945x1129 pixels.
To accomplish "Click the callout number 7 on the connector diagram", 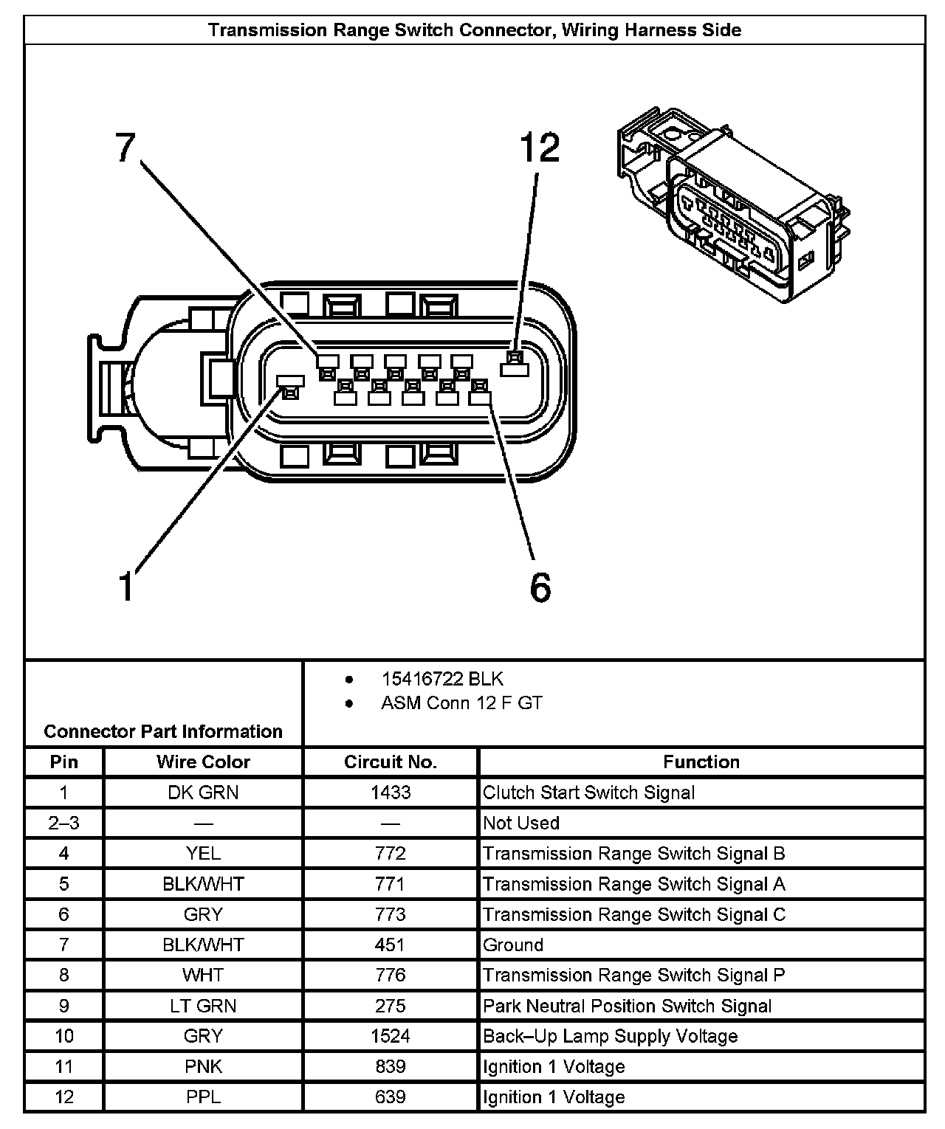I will (x=126, y=148).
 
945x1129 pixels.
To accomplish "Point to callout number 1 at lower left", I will (x=128, y=587).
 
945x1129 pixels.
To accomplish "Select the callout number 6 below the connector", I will (x=540, y=587).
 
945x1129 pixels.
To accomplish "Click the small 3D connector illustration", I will (x=732, y=203).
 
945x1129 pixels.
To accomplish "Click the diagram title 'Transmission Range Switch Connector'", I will (x=474, y=30).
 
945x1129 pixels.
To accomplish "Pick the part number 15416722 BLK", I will (x=441, y=679).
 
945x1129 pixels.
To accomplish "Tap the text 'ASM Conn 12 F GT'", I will (x=461, y=703).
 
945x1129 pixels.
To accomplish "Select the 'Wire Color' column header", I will (x=203, y=762).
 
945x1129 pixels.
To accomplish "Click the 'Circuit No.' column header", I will (x=390, y=762).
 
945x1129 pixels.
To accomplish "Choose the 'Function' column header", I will (x=701, y=762).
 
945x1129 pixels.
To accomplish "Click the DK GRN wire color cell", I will (x=203, y=793).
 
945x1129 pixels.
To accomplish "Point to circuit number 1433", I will (x=390, y=793).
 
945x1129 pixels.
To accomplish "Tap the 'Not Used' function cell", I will (x=521, y=823).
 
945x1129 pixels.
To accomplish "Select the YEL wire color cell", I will (x=203, y=854).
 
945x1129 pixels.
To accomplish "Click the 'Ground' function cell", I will (x=513, y=945).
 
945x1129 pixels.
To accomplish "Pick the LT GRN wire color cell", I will (x=203, y=1006).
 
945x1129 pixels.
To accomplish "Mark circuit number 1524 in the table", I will (x=390, y=1036).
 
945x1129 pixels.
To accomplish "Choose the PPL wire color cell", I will (x=203, y=1097).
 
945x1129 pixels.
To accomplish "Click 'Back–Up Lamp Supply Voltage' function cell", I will (x=610, y=1036).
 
